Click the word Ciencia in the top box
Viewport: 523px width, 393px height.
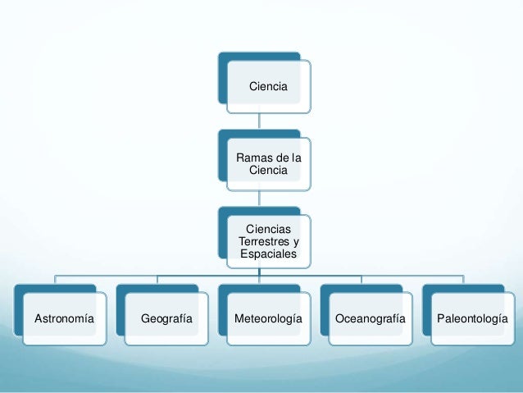point(268,85)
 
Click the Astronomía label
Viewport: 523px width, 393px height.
point(60,317)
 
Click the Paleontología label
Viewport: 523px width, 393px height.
point(471,317)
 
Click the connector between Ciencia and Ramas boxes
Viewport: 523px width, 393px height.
point(259,121)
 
